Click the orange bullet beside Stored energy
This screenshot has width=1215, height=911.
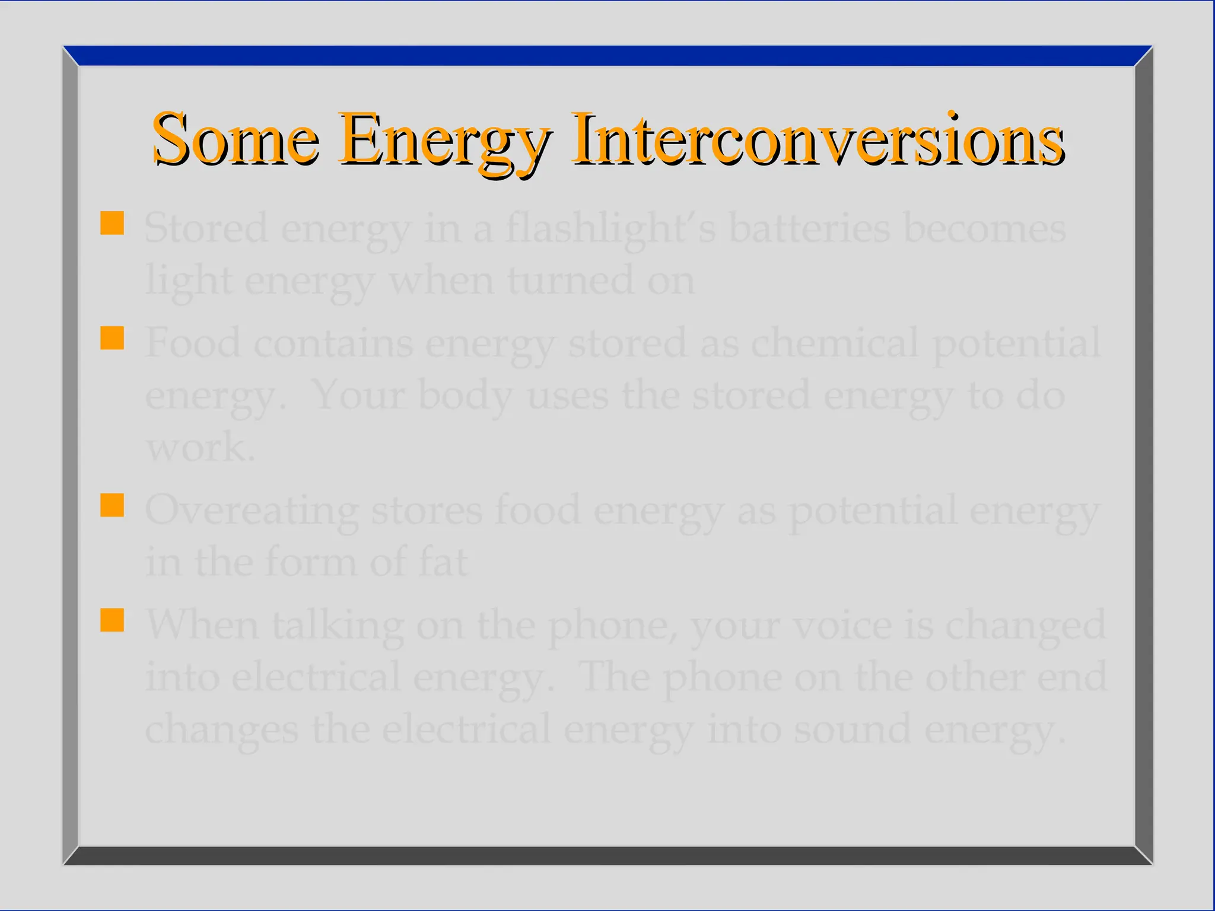[x=112, y=224]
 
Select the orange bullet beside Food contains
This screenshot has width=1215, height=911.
[x=112, y=338]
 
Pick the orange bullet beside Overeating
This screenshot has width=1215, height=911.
[x=112, y=505]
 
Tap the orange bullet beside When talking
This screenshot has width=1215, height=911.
[x=112, y=620]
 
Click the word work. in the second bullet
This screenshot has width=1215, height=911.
[x=201, y=447]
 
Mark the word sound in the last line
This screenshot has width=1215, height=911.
[x=852, y=729]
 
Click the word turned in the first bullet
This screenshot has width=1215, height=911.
[x=570, y=280]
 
